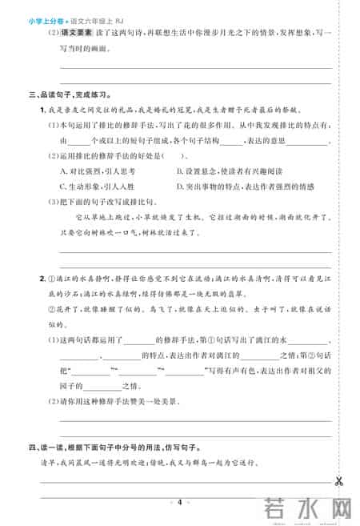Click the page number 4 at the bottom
point(180,501)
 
